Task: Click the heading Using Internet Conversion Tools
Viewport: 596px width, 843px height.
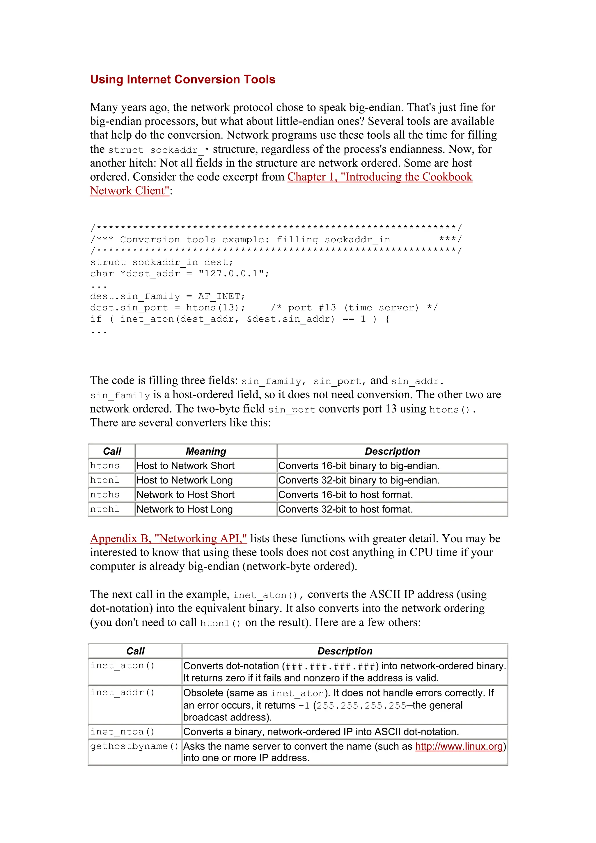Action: pos(182,79)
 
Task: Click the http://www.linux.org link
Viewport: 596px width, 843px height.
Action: pos(459,746)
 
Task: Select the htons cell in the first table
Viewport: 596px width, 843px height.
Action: pos(105,465)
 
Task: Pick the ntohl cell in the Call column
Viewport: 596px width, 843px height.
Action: pos(105,509)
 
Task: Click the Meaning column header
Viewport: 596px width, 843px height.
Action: pos(206,451)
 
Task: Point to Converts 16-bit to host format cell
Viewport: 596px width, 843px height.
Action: pos(345,495)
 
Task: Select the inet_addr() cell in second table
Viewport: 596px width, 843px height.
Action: pos(122,692)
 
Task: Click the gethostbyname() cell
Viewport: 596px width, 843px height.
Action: pos(134,746)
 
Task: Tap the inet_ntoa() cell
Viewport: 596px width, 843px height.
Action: pos(122,732)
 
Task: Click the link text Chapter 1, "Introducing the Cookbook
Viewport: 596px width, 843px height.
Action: pos(379,177)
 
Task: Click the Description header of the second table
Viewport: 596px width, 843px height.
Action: pos(345,651)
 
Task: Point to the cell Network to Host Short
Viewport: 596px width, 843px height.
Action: pos(185,495)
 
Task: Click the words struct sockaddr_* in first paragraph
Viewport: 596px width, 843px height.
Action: pos(159,150)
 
